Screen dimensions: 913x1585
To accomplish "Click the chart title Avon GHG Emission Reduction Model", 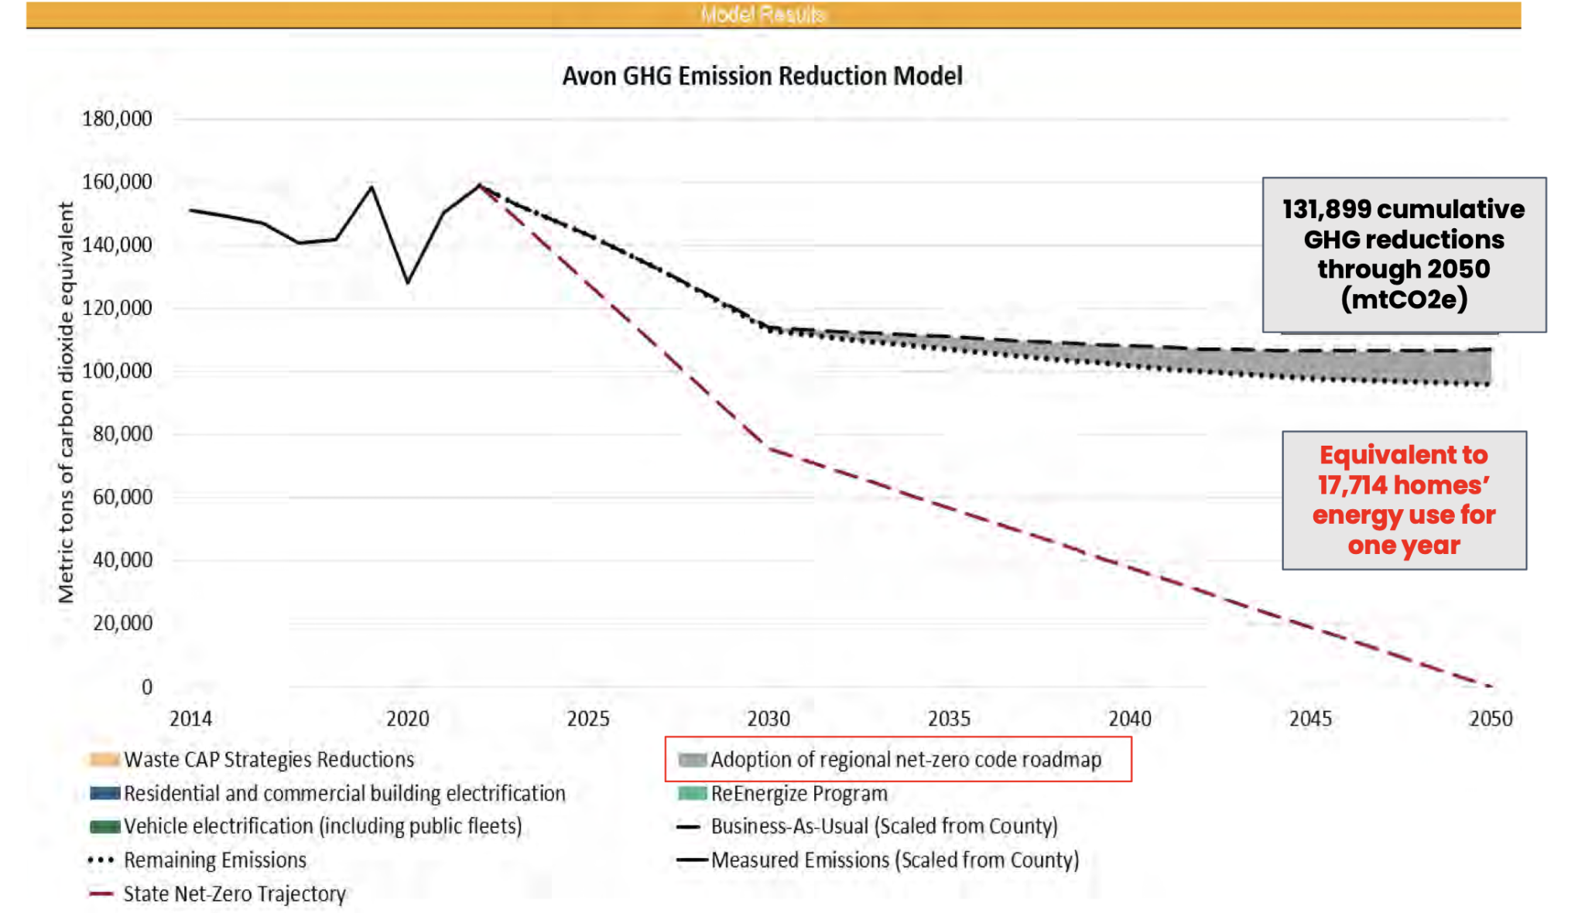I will pos(762,76).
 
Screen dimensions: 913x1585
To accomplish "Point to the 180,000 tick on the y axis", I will pos(117,118).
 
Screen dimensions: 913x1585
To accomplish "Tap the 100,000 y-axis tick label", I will pos(117,371).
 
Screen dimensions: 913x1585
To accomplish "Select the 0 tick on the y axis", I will pos(146,686).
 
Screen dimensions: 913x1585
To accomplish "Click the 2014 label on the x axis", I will pos(190,719).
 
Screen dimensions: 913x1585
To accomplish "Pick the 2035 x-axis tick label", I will pos(949,719).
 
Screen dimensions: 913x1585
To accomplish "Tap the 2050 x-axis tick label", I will pos(1490,719).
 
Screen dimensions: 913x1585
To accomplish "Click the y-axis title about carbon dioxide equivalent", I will pos(67,402).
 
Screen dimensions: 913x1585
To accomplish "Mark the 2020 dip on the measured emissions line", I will pos(408,282).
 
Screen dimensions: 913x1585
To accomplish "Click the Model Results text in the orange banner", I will pos(762,15).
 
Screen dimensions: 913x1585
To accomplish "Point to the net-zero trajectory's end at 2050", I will pos(1490,686).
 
